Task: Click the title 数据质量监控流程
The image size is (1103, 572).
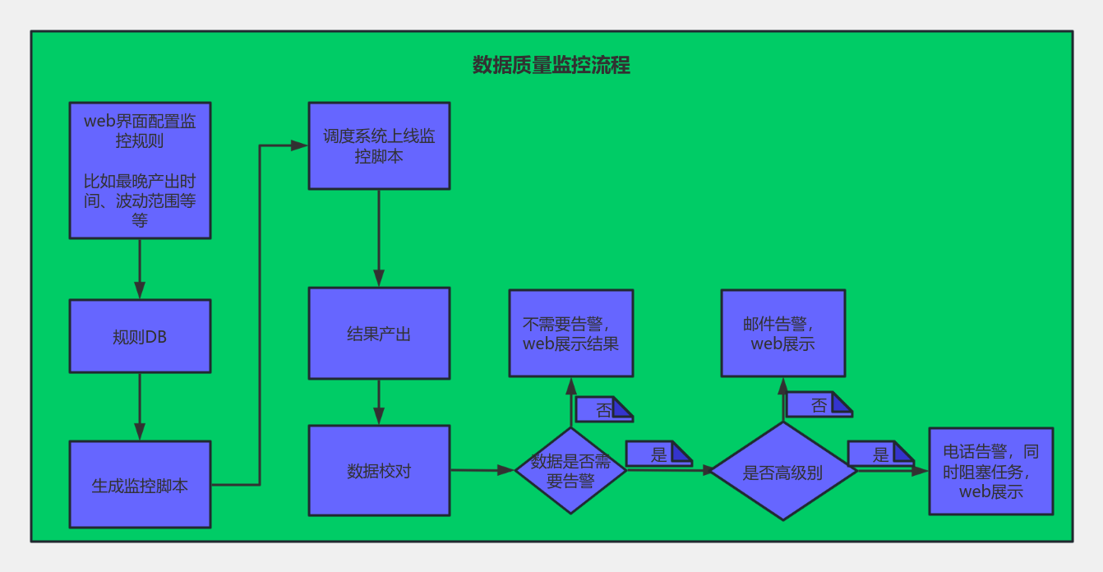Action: pyautogui.click(x=551, y=65)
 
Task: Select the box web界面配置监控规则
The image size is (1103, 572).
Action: pyautogui.click(x=140, y=170)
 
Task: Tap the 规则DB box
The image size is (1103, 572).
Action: pyautogui.click(x=140, y=336)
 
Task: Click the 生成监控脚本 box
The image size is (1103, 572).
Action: pyautogui.click(x=140, y=484)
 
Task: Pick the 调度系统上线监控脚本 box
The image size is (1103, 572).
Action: pyautogui.click(x=379, y=145)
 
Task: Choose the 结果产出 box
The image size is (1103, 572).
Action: pyautogui.click(x=379, y=334)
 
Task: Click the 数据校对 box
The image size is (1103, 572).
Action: pyautogui.click(x=379, y=471)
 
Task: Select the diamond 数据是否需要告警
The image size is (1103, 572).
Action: pyautogui.click(x=570, y=471)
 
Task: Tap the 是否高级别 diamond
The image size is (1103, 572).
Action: pyautogui.click(x=783, y=471)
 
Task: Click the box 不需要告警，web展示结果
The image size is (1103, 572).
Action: pyautogui.click(x=571, y=334)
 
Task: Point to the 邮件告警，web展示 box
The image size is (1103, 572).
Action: pyautogui.click(x=783, y=334)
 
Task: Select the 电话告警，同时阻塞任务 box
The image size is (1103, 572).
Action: pyautogui.click(x=991, y=472)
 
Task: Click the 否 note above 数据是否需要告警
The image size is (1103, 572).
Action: pyautogui.click(x=604, y=409)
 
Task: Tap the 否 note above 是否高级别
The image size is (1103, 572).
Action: pyautogui.click(x=819, y=404)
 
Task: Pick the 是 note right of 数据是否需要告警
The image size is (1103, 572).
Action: pyautogui.click(x=659, y=454)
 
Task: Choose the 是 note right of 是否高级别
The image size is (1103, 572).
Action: pyautogui.click(x=880, y=454)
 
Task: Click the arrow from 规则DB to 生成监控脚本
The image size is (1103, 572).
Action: pyautogui.click(x=140, y=407)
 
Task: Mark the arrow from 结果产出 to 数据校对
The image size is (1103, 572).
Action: pyautogui.click(x=379, y=402)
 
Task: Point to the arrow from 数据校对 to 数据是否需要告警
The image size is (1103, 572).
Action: pyautogui.click(x=482, y=471)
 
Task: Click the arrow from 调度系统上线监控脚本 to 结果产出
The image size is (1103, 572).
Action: pyautogui.click(x=379, y=238)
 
